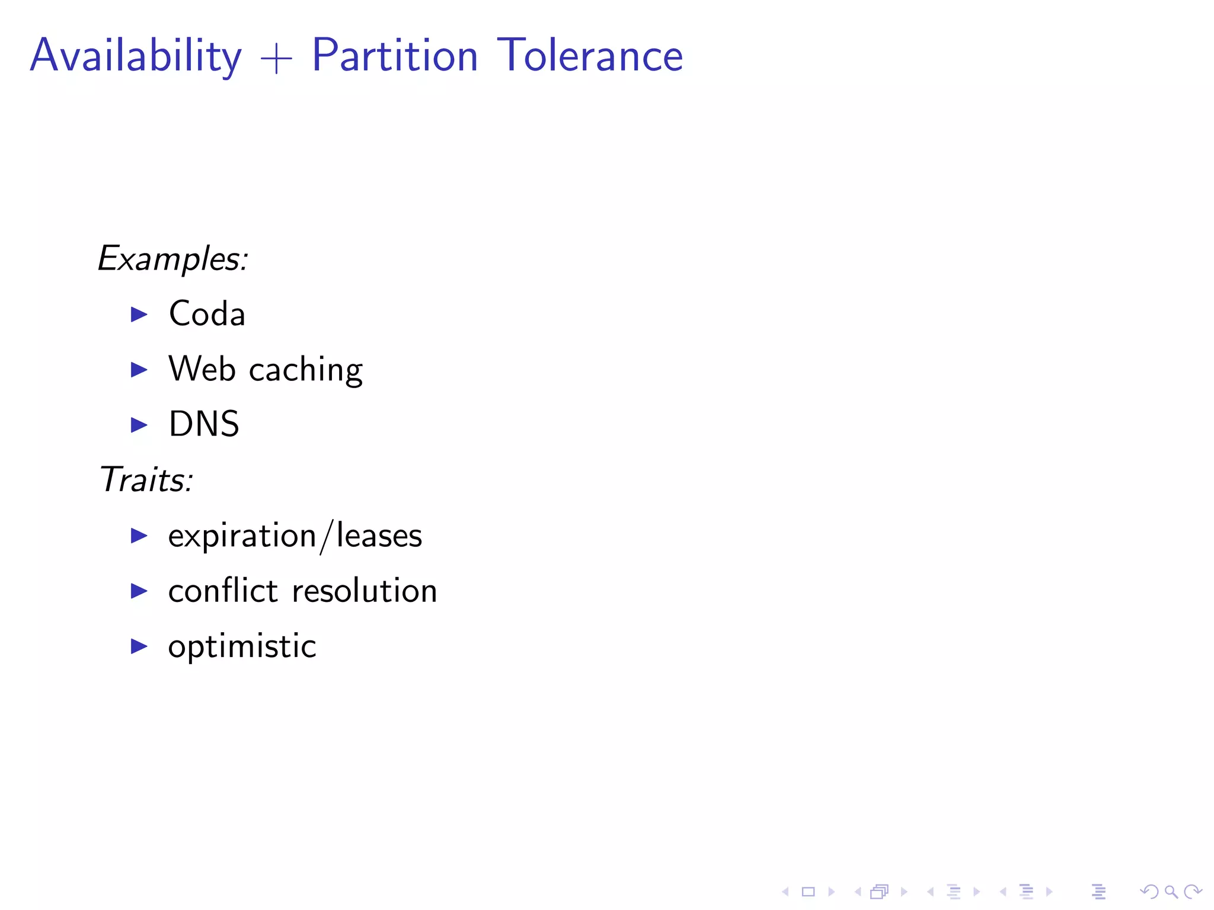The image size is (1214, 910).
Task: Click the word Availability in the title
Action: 136,56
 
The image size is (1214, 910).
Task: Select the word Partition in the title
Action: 395,56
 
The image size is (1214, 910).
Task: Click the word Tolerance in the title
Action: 590,56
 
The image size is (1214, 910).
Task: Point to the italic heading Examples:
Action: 172,259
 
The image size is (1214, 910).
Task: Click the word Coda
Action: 207,313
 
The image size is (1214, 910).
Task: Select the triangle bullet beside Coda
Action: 139,314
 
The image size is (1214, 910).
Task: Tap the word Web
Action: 202,369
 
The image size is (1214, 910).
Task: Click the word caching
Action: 306,371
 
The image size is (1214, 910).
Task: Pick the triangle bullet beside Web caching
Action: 139,370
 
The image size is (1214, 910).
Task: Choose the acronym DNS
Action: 204,424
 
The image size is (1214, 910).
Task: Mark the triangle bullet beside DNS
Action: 139,425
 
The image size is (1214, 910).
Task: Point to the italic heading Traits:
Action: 146,479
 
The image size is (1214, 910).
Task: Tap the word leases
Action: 379,536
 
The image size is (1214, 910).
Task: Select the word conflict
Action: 223,591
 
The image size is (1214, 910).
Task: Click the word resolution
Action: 365,591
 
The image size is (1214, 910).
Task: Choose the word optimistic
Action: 242,646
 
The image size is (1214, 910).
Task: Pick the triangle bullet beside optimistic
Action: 139,646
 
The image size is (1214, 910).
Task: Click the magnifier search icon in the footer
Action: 1171,892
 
